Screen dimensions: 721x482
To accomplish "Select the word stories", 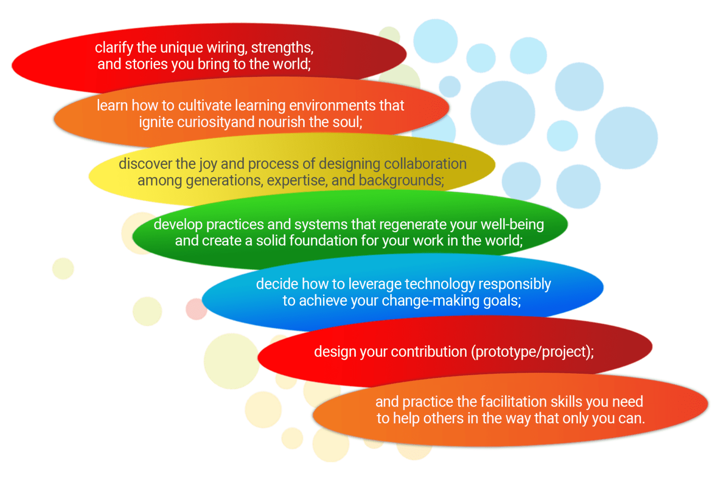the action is tap(146, 64).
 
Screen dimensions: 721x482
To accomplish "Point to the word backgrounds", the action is tap(401, 181).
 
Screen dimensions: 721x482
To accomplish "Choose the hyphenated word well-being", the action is tap(512, 225).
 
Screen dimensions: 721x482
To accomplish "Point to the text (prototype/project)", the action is tap(532, 352).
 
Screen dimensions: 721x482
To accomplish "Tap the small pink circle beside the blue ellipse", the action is tap(196, 309).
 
